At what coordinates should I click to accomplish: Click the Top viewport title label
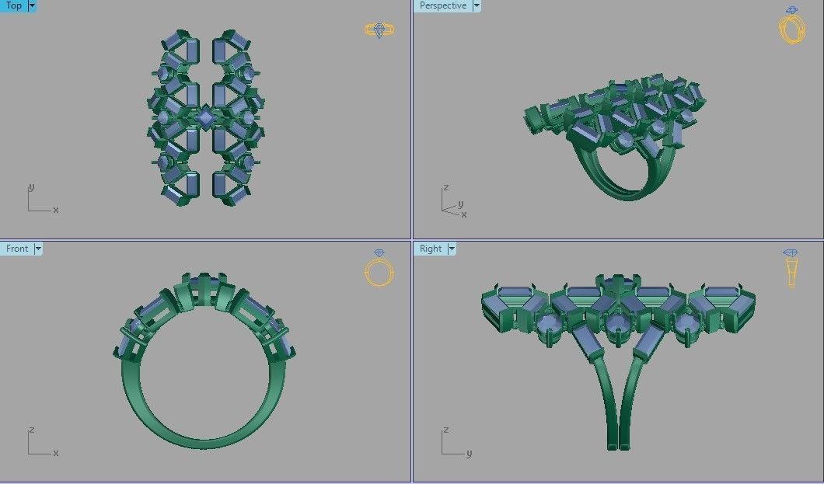pyautogui.click(x=14, y=5)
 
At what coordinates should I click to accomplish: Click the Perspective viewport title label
pyautogui.click(x=442, y=5)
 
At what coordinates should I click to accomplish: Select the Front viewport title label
pyautogui.click(x=17, y=249)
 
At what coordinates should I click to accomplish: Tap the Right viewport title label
pyautogui.click(x=430, y=249)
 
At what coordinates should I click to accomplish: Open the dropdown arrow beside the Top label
pyautogui.click(x=32, y=5)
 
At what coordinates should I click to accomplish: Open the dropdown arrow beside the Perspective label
pyautogui.click(x=477, y=5)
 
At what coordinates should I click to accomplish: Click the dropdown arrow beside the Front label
pyautogui.click(x=38, y=249)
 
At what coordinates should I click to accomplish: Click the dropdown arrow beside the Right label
pyautogui.click(x=451, y=249)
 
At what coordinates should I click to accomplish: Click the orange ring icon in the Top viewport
pyautogui.click(x=379, y=30)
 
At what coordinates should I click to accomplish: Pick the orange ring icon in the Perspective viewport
pyautogui.click(x=791, y=26)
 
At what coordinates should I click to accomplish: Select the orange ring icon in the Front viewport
pyautogui.click(x=379, y=268)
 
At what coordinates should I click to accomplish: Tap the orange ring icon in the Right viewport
pyautogui.click(x=791, y=268)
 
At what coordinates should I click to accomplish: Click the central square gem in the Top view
pyautogui.click(x=205, y=117)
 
